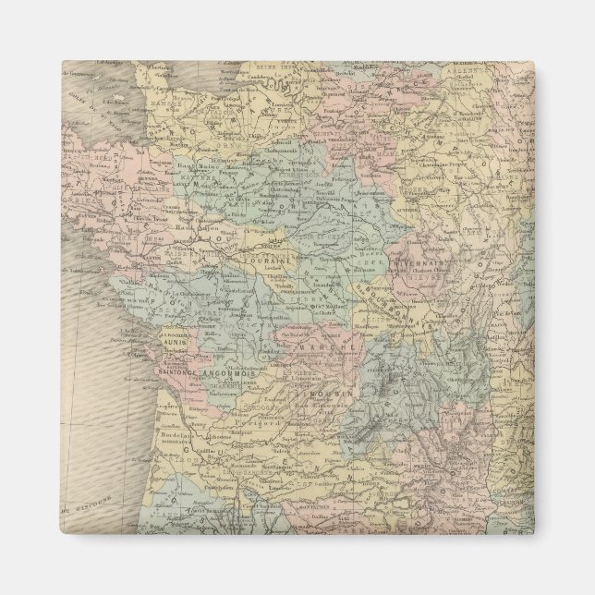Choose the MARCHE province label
319,349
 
